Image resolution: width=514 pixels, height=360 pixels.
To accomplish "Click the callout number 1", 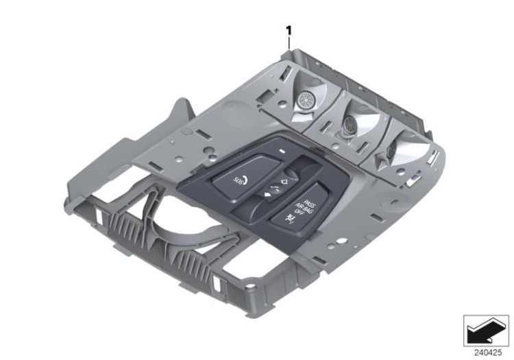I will click(289, 30).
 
